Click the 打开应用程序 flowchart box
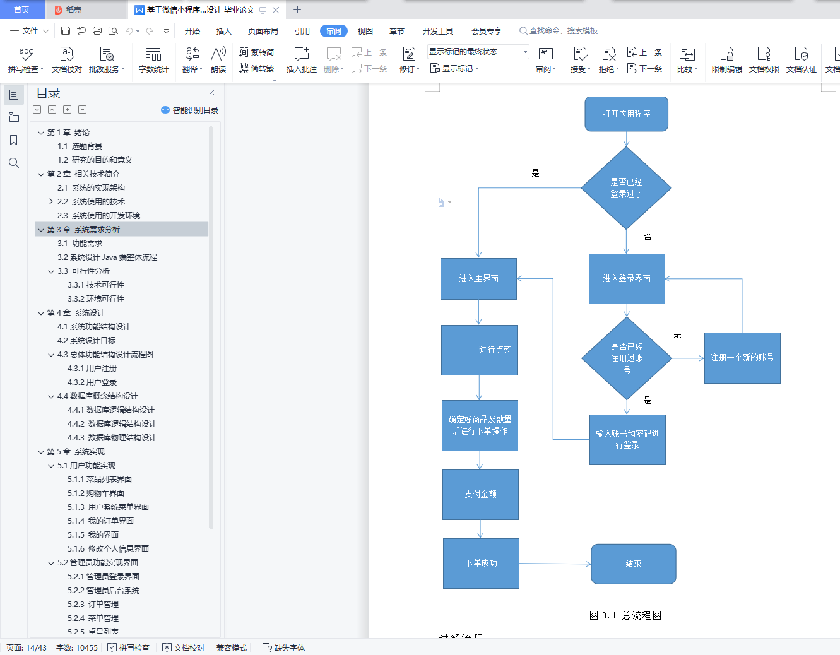click(626, 114)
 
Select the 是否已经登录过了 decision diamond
click(626, 187)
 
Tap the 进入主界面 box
click(478, 279)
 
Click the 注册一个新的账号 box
click(742, 358)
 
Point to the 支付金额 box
click(480, 495)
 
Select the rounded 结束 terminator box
click(633, 564)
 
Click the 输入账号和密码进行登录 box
click(627, 439)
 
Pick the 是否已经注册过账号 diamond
click(627, 358)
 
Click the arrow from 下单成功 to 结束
click(555, 564)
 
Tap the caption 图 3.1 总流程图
click(625, 615)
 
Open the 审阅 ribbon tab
click(334, 31)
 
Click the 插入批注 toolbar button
click(302, 60)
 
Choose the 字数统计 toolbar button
click(153, 60)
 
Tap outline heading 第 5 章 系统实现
click(76, 452)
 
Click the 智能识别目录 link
click(190, 110)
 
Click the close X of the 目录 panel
click(211, 93)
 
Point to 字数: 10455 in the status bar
click(77, 647)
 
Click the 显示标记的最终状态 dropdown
click(478, 52)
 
